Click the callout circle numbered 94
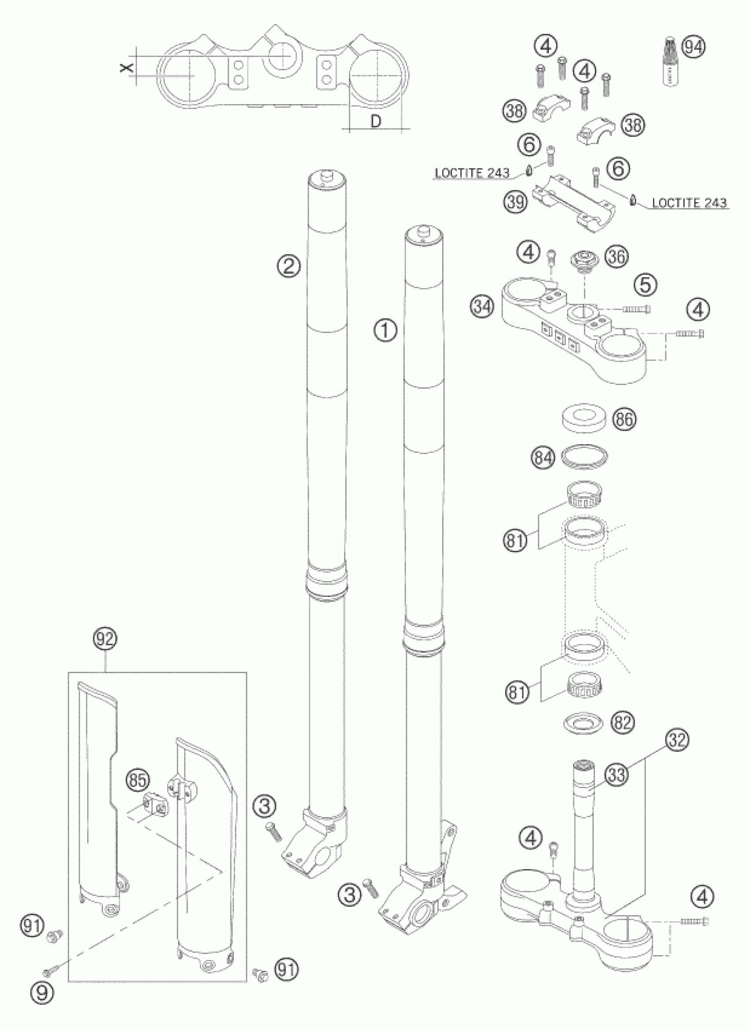[x=694, y=47]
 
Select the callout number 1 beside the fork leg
[x=385, y=331]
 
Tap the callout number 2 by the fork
[x=289, y=265]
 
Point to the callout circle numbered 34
[x=482, y=307]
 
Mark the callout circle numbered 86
[x=624, y=419]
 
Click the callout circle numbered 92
[x=105, y=639]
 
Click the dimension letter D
[x=376, y=122]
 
